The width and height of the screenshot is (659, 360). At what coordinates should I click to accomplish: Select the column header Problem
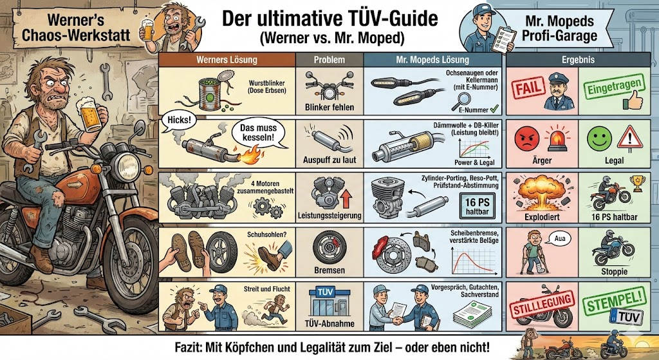pyautogui.click(x=329, y=60)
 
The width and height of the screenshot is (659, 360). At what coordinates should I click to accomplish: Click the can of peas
pyautogui.click(x=211, y=91)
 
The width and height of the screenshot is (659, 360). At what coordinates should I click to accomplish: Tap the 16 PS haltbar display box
pyautogui.click(x=477, y=206)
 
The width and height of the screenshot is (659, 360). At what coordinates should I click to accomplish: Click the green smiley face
pyautogui.click(x=599, y=139)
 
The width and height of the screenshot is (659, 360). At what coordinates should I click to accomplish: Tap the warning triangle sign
pyautogui.click(x=629, y=138)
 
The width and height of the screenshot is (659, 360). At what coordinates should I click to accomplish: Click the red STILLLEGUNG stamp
pyautogui.click(x=542, y=303)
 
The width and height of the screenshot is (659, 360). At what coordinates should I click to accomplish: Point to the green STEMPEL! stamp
pyautogui.click(x=615, y=299)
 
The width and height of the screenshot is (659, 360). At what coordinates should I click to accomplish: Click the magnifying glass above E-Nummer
pyautogui.click(x=463, y=100)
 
